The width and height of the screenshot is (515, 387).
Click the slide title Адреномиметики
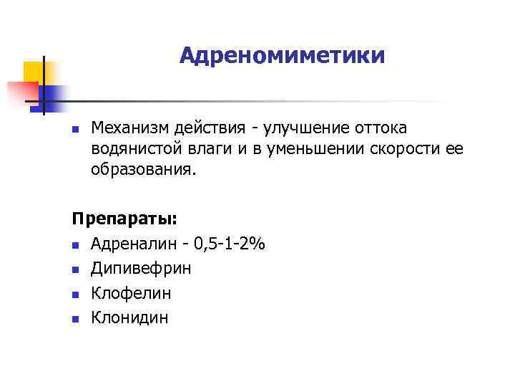pyautogui.click(x=282, y=55)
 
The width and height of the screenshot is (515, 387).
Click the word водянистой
pyautogui.click(x=134, y=149)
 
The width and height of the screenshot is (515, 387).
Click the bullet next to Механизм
pyautogui.click(x=75, y=129)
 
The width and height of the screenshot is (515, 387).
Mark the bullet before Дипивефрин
pyautogui.click(x=75, y=269)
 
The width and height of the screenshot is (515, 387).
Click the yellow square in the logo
pyautogui.click(x=34, y=71)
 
